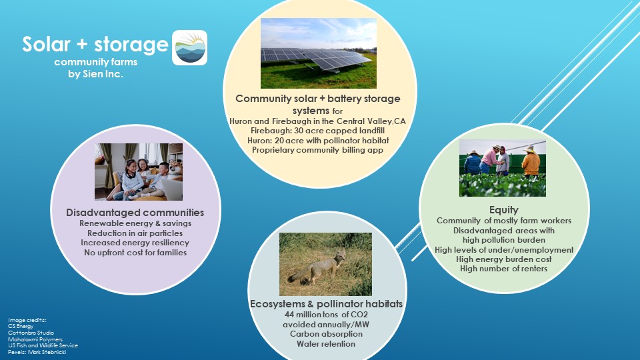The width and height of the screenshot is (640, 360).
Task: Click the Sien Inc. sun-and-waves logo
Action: coord(189,47)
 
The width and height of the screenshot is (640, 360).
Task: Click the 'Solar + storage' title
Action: coord(95,44)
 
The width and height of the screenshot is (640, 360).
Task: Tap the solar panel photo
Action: coord(319,53)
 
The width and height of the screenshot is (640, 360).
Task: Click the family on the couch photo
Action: coord(139,171)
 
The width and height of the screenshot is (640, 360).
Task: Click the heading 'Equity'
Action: coord(504,210)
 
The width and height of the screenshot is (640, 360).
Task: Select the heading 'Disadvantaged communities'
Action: coord(135,212)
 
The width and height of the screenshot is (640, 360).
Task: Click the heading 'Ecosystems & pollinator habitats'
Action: coord(326,304)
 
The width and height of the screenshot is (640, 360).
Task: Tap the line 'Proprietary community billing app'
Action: coord(317,150)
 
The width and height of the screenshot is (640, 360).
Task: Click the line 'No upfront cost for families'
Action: coord(135,253)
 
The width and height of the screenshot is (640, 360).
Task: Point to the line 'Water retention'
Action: coord(326,344)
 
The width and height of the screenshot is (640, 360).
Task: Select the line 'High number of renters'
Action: coord(504,269)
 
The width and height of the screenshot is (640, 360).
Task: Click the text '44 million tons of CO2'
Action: coord(326,315)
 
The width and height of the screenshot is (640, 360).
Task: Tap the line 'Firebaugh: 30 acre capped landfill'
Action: coord(317,131)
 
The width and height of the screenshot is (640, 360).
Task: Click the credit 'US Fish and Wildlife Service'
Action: coord(43,345)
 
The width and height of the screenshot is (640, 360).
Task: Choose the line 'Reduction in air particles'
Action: coord(135,233)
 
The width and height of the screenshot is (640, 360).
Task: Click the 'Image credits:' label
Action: coord(27,320)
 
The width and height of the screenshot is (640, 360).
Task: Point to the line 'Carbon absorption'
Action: coord(326,334)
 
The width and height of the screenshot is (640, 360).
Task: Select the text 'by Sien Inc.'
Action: coord(95,74)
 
